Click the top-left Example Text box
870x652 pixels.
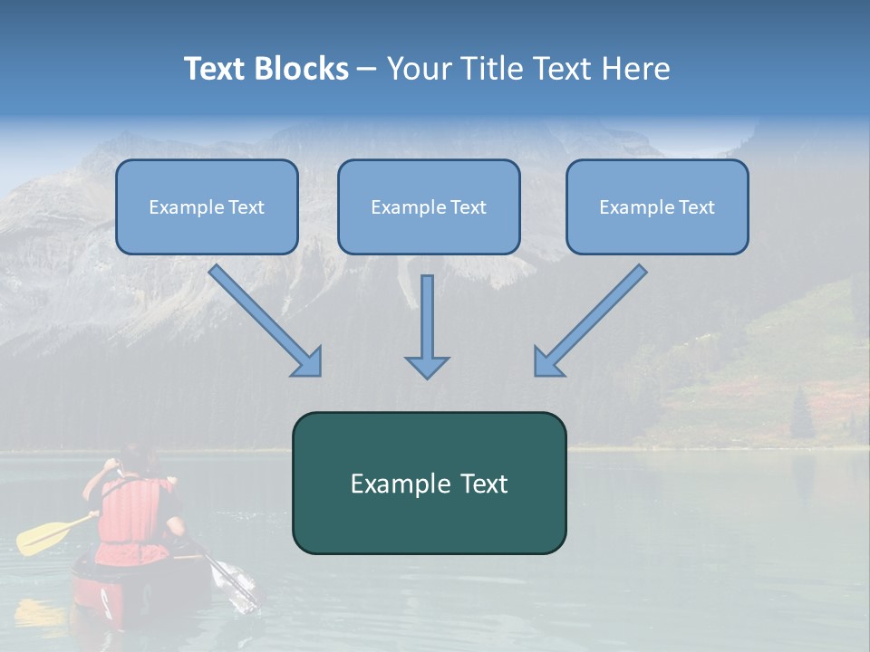click(x=207, y=207)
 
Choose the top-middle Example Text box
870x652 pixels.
click(x=429, y=207)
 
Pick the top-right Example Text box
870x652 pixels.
click(x=657, y=207)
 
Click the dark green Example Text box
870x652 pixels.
click(x=429, y=484)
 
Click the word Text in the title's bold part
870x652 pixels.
click(x=214, y=69)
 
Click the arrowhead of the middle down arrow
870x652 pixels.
click(x=427, y=366)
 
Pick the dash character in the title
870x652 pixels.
click(x=367, y=70)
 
